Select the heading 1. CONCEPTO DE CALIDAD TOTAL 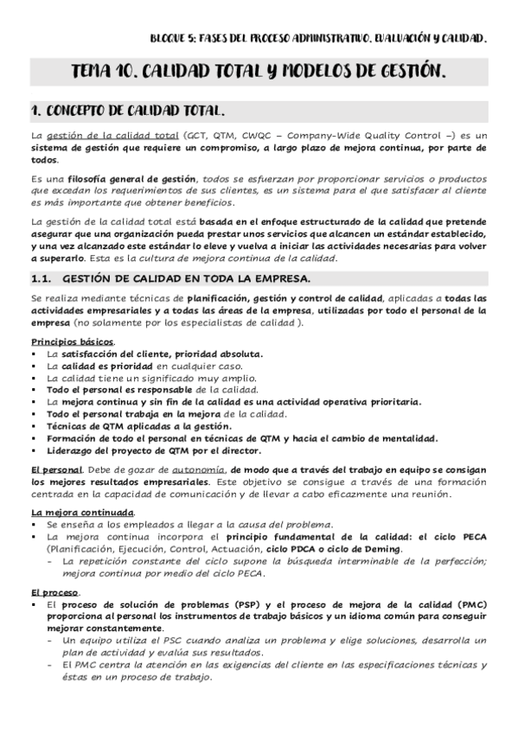click(129, 111)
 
